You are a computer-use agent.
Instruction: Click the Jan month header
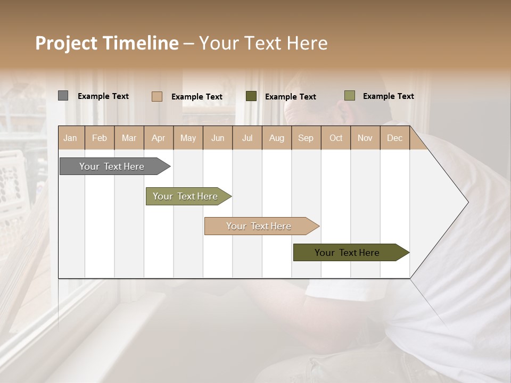coord(70,138)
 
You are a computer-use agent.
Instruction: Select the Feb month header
coord(100,138)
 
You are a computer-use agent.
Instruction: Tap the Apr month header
coord(158,138)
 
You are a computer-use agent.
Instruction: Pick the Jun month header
coord(218,138)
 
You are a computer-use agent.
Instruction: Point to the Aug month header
coord(276,138)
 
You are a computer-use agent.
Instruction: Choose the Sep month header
coord(306,138)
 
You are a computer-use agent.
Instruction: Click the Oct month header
coord(336,138)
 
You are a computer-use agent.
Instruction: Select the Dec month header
coord(394,138)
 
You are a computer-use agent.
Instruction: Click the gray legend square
coord(63,96)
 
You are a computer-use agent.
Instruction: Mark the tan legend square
coord(156,96)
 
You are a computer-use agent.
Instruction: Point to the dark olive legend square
coord(251,96)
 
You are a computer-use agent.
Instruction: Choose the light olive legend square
coord(349,96)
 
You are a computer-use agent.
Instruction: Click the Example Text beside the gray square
coord(103,96)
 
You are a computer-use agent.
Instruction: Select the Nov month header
coord(365,138)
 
